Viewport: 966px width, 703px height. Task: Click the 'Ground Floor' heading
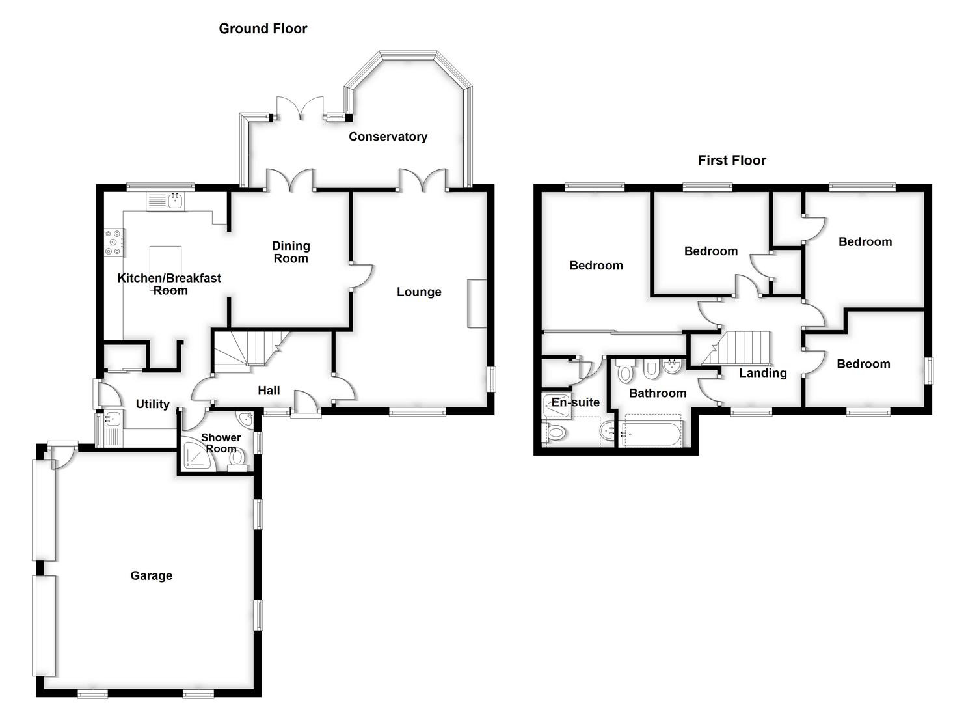263,29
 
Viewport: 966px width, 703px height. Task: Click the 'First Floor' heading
732,161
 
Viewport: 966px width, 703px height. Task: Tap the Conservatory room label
388,137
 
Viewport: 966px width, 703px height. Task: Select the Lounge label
419,292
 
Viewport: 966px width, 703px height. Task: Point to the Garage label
151,576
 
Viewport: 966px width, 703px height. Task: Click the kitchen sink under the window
167,201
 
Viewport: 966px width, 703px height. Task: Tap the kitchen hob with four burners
113,242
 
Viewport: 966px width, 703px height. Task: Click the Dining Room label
291,252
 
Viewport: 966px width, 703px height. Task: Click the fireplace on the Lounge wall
476,304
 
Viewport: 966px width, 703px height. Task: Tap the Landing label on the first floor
762,374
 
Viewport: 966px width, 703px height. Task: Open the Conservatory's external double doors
300,109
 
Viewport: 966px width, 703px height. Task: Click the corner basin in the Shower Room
245,417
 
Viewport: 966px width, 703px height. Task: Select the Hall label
269,391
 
